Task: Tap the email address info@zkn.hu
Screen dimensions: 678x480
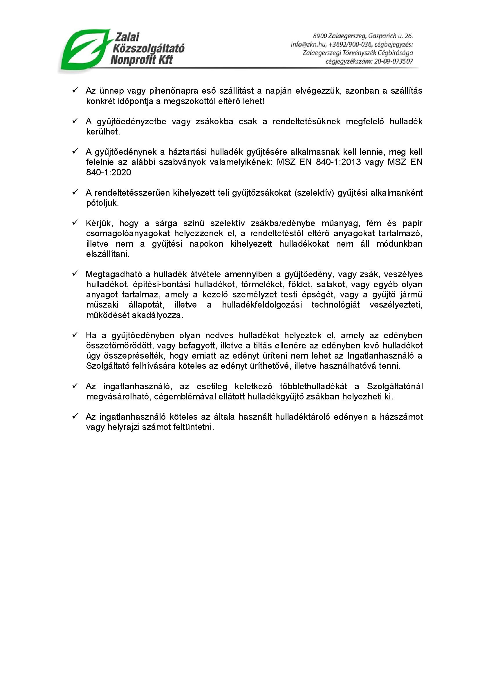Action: pos(308,45)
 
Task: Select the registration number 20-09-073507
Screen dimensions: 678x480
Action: pos(394,62)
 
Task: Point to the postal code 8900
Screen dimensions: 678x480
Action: pos(320,36)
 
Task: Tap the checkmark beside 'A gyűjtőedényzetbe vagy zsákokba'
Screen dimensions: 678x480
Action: pos(75,121)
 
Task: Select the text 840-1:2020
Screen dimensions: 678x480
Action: pos(109,172)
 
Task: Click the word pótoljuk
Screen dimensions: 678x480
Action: pos(102,203)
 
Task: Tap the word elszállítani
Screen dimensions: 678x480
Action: pos(108,254)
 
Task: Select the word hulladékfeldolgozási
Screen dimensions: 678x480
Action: pos(262,305)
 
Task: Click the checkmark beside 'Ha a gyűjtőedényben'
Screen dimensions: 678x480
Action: pos(75,335)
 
